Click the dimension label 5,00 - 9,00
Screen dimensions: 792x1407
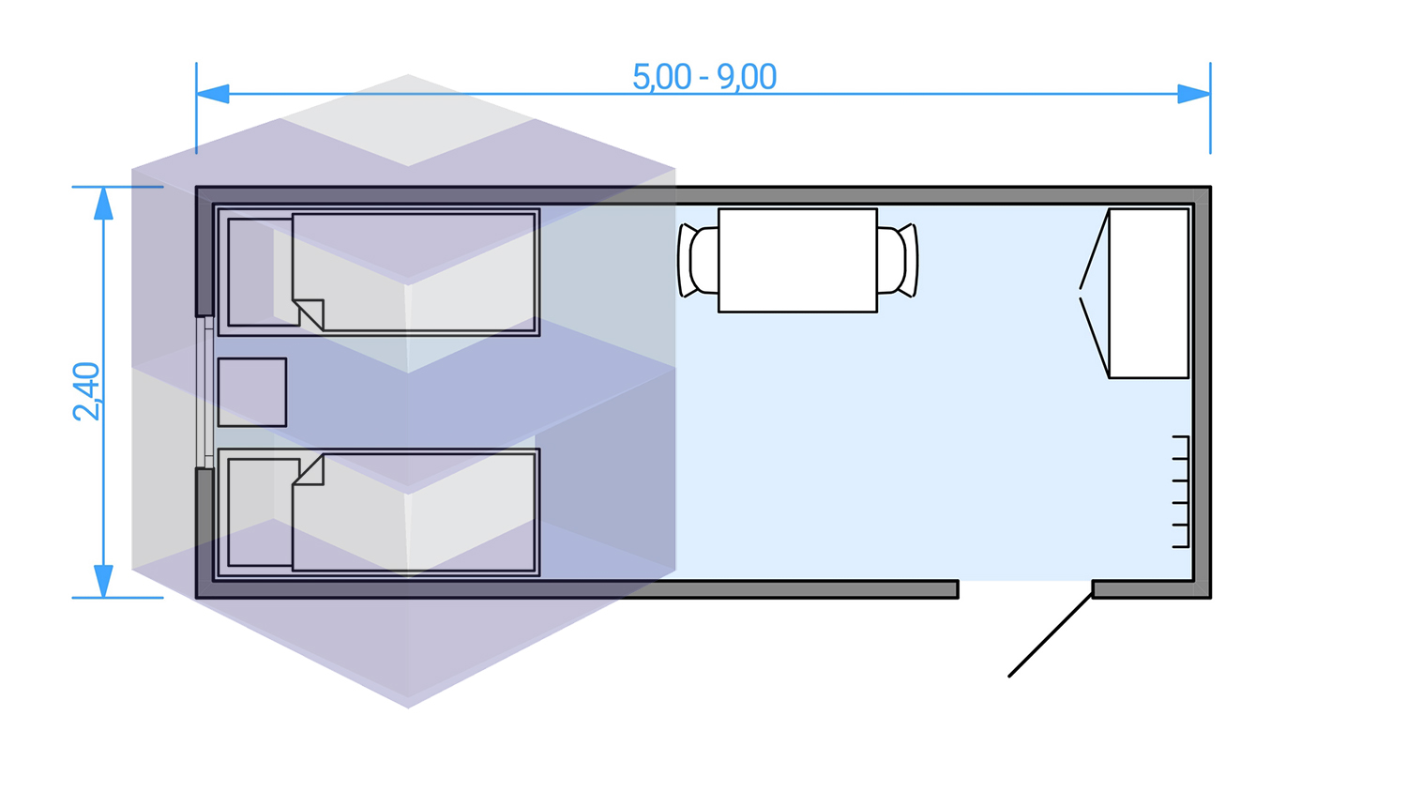(x=704, y=77)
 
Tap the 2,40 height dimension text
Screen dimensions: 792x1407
(x=86, y=391)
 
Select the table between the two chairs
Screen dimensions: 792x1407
(x=797, y=260)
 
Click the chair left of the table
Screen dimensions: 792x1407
(x=699, y=260)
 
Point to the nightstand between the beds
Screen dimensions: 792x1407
(x=251, y=392)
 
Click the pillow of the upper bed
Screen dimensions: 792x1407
(x=260, y=272)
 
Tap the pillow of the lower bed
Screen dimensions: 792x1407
(x=260, y=512)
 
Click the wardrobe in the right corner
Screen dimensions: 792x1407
(x=1149, y=293)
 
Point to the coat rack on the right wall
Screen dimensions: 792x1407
(x=1181, y=492)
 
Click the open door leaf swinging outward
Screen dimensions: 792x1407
(x=1051, y=634)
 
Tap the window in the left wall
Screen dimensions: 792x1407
(x=204, y=391)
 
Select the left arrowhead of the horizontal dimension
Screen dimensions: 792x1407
(x=212, y=94)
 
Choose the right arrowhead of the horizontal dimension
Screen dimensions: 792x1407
(x=1194, y=94)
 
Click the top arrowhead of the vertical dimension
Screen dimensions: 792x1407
(x=103, y=204)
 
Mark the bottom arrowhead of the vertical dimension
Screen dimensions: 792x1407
(x=103, y=581)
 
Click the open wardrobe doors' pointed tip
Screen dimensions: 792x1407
(x=1081, y=293)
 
